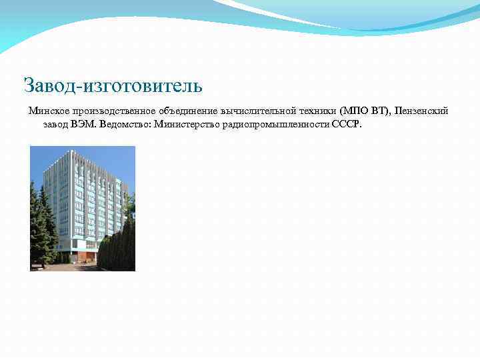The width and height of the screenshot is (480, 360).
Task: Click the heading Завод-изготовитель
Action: [113, 86]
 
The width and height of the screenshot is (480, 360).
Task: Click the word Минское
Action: [48, 111]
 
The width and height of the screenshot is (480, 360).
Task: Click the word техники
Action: [319, 111]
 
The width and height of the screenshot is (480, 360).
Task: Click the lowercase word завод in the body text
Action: [56, 124]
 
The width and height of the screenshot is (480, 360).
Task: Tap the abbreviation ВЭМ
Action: [83, 124]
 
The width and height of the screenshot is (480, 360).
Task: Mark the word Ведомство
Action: [124, 124]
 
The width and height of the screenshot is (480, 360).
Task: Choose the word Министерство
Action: [187, 124]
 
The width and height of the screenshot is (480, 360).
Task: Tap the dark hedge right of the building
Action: [119, 247]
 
